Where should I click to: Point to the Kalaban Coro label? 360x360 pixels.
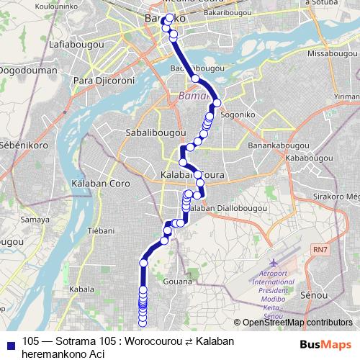click(101, 184)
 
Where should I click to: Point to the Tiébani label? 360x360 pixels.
click(101, 230)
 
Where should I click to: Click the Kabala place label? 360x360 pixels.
click(83, 289)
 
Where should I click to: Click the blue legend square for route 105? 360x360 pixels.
click(11, 341)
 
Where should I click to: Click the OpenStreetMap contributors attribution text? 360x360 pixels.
click(297, 323)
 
